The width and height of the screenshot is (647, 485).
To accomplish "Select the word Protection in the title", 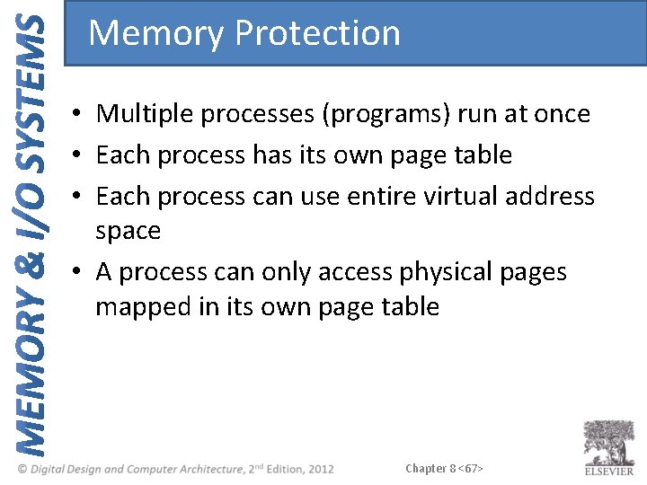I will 316,33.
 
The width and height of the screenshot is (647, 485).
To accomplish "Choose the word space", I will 129,231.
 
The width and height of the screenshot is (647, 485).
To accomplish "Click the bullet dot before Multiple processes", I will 80,115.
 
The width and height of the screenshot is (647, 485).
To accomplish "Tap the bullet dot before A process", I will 80,272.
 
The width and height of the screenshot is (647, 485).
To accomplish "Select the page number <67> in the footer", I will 470,469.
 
